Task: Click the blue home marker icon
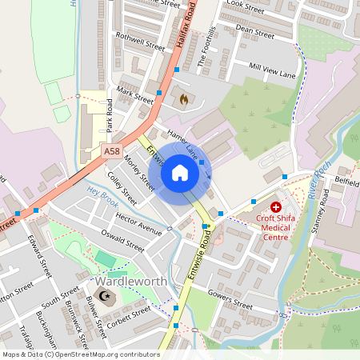(x=180, y=173)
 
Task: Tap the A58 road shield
(x=111, y=150)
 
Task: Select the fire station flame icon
(x=184, y=100)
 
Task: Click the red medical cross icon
(x=275, y=207)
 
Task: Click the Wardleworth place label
(x=126, y=282)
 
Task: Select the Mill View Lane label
(x=272, y=70)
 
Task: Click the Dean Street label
(x=255, y=30)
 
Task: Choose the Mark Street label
(x=134, y=94)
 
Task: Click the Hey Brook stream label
(x=102, y=193)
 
